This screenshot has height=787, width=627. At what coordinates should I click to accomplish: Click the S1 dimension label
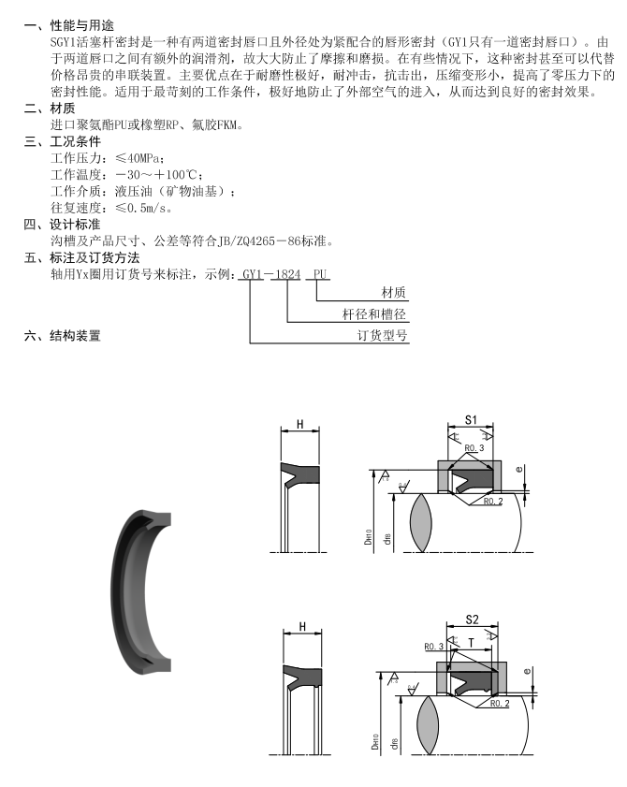pos(472,418)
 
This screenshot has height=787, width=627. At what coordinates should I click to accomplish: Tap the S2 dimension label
pos(472,620)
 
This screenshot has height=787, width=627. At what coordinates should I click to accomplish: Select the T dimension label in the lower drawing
pos(472,643)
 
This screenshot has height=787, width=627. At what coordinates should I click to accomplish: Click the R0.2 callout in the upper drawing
pos(494,502)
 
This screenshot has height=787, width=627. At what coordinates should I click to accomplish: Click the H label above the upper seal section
pos(300,424)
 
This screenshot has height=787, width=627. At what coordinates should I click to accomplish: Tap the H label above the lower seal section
pos(301,626)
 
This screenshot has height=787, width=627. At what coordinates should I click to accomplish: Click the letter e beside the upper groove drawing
pos(530,466)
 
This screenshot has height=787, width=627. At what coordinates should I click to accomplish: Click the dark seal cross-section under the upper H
pos(300,475)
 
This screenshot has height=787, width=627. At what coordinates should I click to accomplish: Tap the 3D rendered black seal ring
pos(140,590)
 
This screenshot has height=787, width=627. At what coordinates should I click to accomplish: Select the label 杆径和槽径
pos(375,314)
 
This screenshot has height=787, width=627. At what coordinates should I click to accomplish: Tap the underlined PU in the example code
pos(321,274)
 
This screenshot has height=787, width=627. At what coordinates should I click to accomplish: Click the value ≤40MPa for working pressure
pos(140,157)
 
